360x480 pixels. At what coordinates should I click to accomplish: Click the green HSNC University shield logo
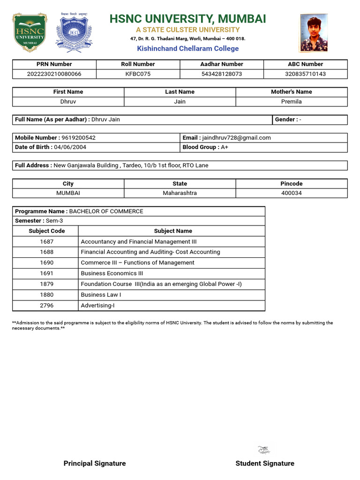click(30, 32)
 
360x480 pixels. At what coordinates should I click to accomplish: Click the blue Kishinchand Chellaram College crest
click(74, 32)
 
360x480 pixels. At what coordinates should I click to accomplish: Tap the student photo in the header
click(314, 33)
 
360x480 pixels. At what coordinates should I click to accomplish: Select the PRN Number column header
click(54, 64)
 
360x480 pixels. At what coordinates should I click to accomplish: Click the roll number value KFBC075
click(138, 74)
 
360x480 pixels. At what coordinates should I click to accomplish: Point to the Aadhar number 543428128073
click(222, 74)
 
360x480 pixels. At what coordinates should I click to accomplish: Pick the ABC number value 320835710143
click(305, 74)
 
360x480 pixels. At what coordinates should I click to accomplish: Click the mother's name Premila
click(291, 102)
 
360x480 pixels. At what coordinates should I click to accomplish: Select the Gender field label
click(285, 120)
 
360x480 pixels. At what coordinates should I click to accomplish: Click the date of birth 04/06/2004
click(70, 147)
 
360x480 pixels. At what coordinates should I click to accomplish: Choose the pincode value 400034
click(291, 193)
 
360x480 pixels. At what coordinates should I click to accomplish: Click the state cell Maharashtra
click(180, 193)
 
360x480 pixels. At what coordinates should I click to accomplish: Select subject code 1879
click(47, 284)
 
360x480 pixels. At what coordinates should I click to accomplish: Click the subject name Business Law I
click(101, 295)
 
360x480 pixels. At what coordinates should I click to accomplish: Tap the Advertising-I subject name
click(97, 306)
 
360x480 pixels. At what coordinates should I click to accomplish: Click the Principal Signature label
click(95, 463)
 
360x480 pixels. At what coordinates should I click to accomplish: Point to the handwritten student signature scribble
click(264, 450)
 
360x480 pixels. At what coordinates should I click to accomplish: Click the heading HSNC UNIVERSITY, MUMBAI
click(187, 19)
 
